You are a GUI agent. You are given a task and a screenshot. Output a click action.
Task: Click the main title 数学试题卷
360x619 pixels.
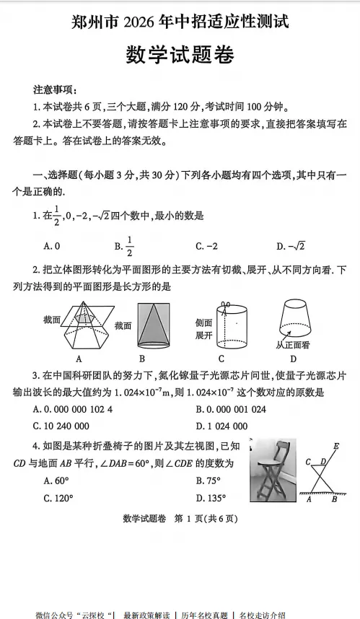pyautogui.click(x=180, y=55)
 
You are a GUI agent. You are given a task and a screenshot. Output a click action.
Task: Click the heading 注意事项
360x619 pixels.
pyautogui.click(x=55, y=90)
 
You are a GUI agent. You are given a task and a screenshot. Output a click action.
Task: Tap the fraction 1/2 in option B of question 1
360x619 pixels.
pyautogui.click(x=130, y=246)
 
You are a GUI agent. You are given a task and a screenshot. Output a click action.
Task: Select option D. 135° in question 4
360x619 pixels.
pyautogui.click(x=210, y=497)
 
